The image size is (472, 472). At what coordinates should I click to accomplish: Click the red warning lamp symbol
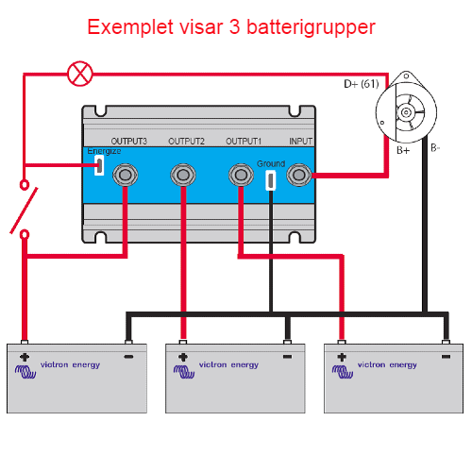pyautogui.click(x=80, y=74)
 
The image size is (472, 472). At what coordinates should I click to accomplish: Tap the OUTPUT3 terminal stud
pyautogui.click(x=125, y=175)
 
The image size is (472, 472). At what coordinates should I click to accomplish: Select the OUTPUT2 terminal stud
pyautogui.click(x=183, y=175)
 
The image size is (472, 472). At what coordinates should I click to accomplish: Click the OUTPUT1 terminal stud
pyautogui.click(x=241, y=175)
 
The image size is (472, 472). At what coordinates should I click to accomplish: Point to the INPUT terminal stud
pyautogui.click(x=298, y=175)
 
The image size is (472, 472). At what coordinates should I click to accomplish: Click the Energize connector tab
pyautogui.click(x=99, y=165)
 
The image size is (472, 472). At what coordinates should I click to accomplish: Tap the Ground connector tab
pyautogui.click(x=271, y=180)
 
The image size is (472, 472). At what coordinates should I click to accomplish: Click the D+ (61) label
pyautogui.click(x=362, y=84)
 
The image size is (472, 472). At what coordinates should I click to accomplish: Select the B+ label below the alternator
pyautogui.click(x=403, y=150)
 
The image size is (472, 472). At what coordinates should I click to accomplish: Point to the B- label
pyautogui.click(x=435, y=148)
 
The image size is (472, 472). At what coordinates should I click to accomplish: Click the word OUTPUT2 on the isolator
pyautogui.click(x=186, y=142)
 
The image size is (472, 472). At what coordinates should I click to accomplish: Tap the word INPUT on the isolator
pyautogui.click(x=301, y=142)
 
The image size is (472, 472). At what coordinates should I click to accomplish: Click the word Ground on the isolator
pyautogui.click(x=271, y=164)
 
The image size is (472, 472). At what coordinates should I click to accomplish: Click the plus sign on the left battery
pyautogui.click(x=25, y=357)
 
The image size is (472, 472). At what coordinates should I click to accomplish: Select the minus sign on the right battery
pyautogui.click(x=446, y=357)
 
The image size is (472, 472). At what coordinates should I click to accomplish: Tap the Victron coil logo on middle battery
pyautogui.click(x=184, y=371)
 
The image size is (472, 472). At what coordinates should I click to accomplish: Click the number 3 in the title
pyautogui.click(x=235, y=27)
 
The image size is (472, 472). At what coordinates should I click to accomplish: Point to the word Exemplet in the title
pyautogui.click(x=130, y=27)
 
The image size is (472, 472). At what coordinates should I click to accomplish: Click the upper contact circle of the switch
pyautogui.click(x=25, y=185)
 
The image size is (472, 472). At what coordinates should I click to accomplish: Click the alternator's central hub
pyautogui.click(x=406, y=112)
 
